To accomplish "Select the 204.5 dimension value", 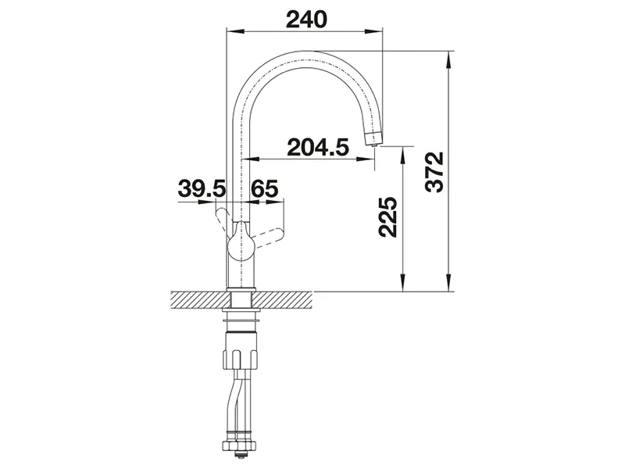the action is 318,147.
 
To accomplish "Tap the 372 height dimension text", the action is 434,172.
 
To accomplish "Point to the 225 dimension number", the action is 387,217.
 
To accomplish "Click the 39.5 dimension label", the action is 202,188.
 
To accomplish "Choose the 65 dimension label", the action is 265,188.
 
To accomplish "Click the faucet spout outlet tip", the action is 373,140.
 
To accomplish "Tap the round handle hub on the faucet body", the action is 241,245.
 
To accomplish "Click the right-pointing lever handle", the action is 270,238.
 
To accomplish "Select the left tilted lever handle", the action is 223,217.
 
